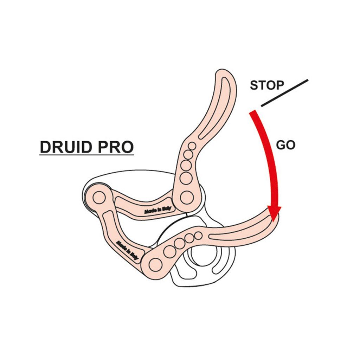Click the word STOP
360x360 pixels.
[x=266, y=85]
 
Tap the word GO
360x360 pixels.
[x=285, y=145]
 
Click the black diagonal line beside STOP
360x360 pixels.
[x=284, y=93]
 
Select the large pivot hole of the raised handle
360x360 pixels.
[x=186, y=197]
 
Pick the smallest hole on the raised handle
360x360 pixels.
[x=192, y=146]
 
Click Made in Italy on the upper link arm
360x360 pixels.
[x=157, y=210]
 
